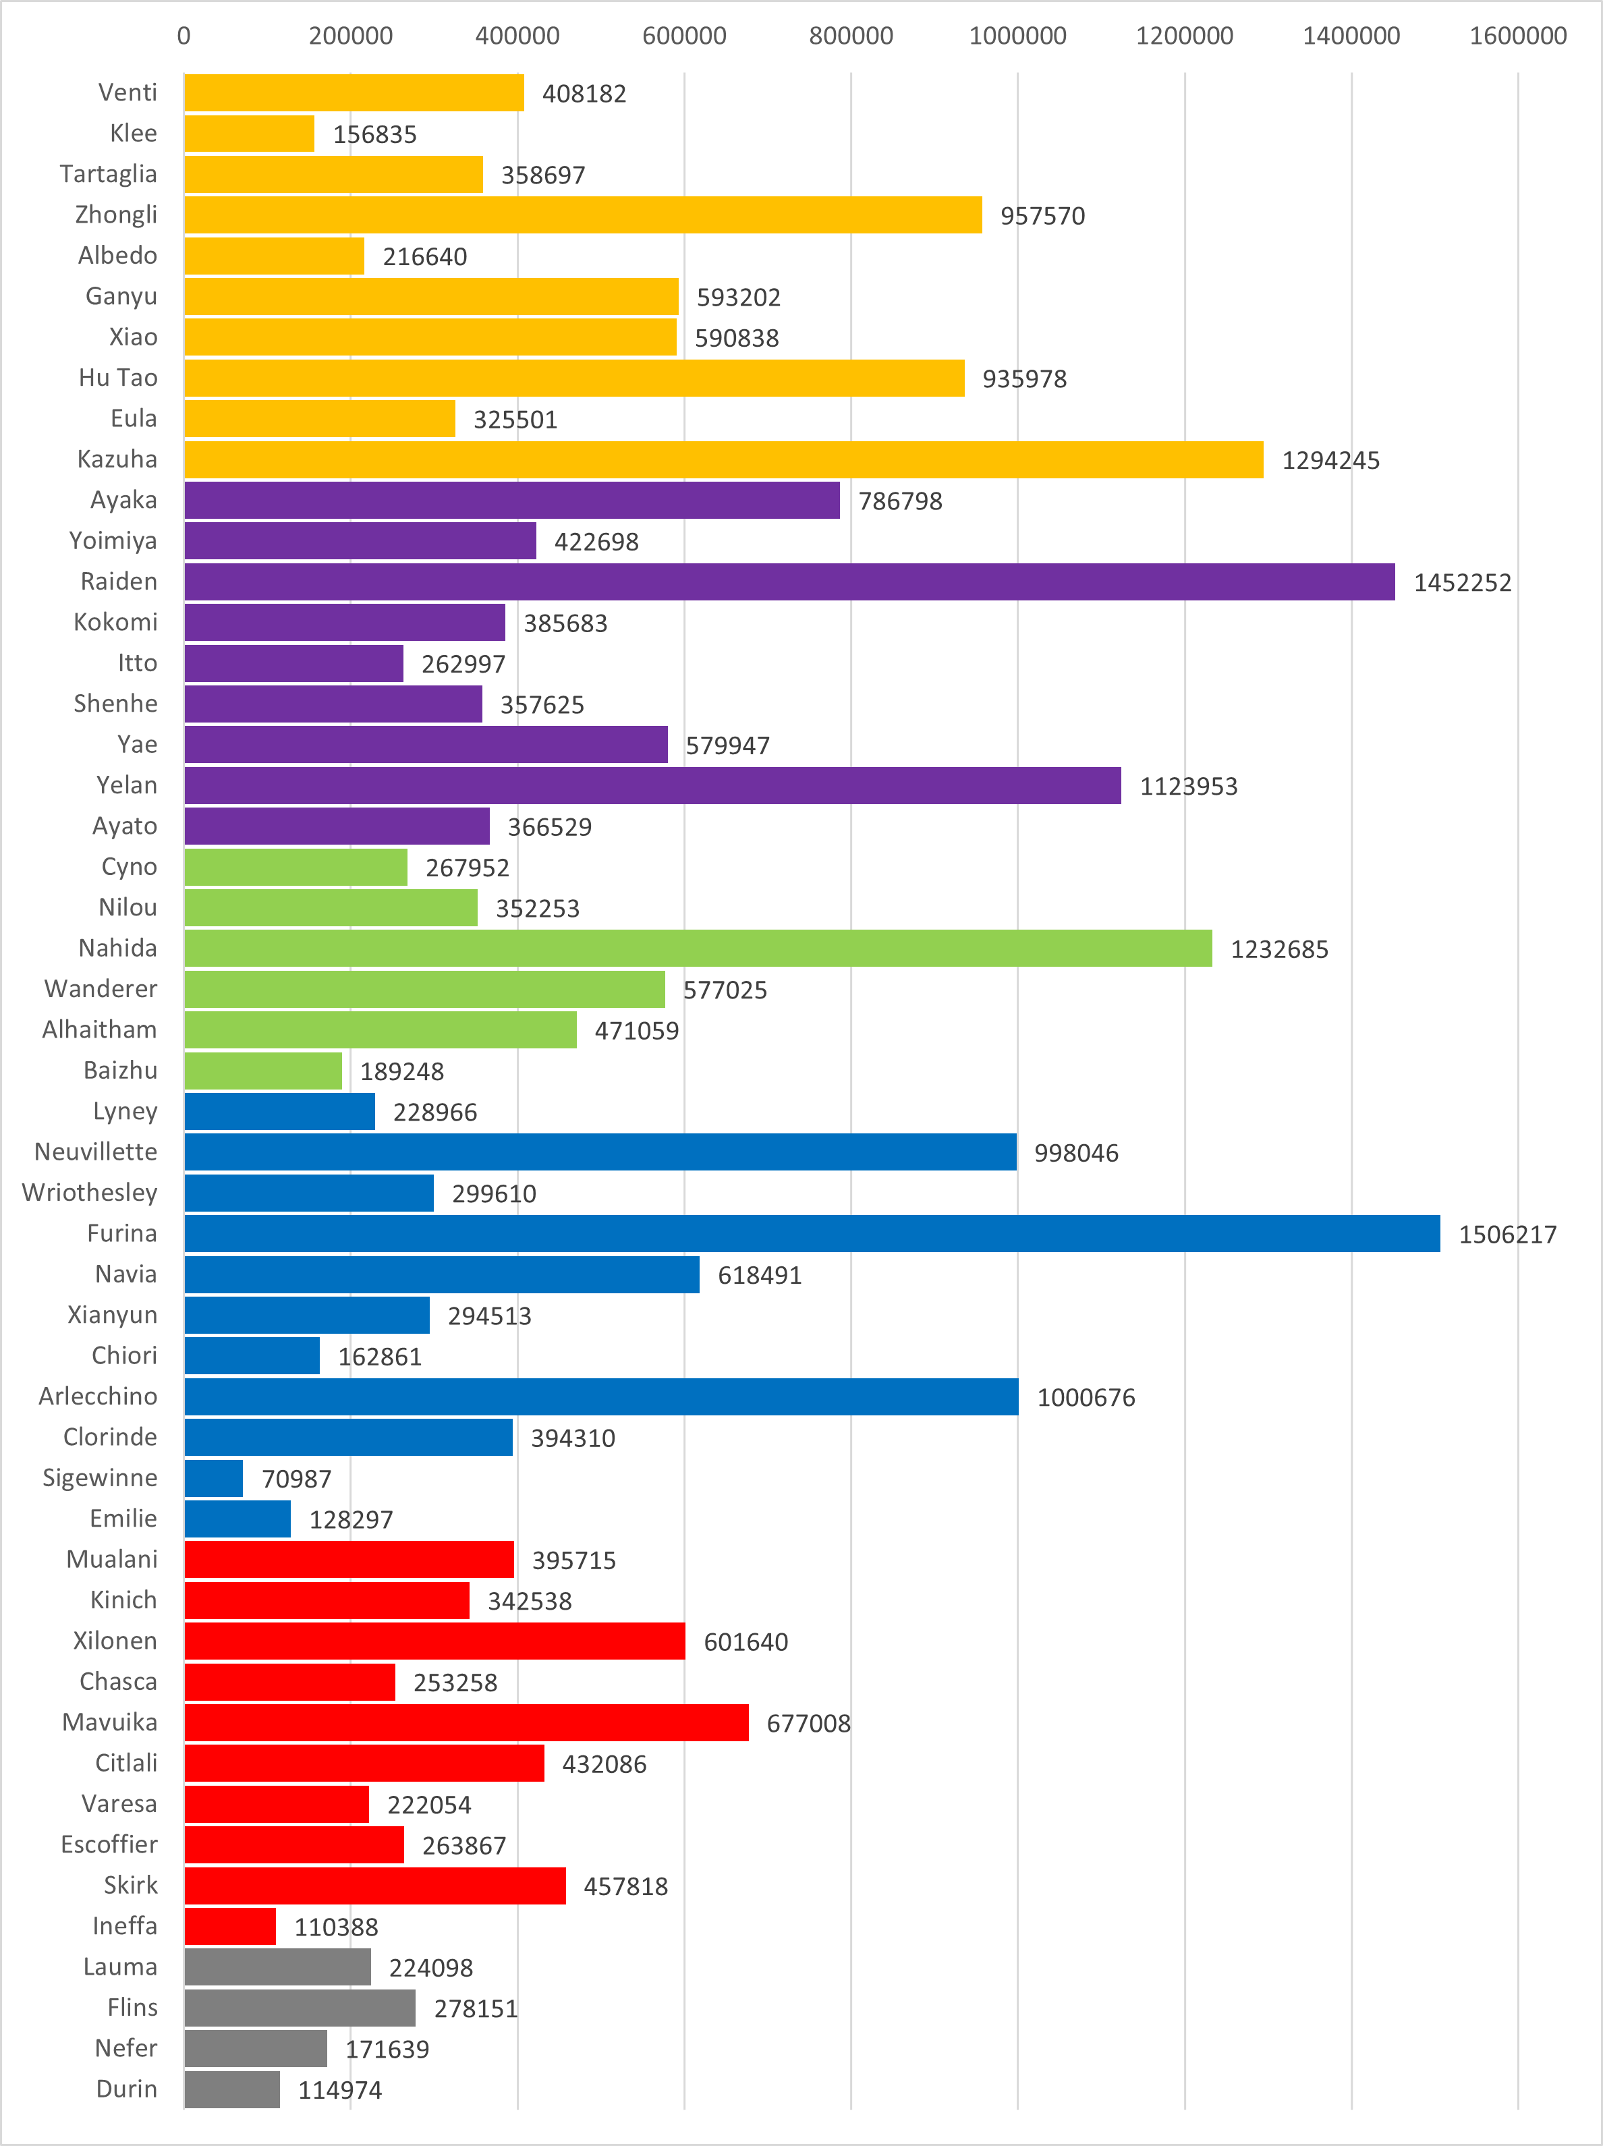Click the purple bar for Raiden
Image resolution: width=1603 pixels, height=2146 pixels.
[789, 582]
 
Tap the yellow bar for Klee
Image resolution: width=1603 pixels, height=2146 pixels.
[250, 134]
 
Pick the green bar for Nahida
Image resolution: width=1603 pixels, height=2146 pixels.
[698, 949]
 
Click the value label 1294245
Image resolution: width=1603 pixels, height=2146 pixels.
[1330, 461]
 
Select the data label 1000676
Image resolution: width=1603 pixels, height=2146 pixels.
[1086, 1398]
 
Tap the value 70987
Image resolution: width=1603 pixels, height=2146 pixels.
[296, 1479]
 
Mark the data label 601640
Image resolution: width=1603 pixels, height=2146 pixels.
[746, 1643]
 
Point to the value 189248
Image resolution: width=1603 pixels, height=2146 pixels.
[401, 1072]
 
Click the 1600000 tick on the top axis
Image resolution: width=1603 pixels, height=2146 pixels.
[1517, 36]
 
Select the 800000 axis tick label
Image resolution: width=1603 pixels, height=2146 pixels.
[851, 36]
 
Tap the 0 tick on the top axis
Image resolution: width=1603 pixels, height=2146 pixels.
[184, 36]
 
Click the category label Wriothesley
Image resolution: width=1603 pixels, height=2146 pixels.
[89, 1192]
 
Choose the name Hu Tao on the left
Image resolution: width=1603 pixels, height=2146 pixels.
[117, 377]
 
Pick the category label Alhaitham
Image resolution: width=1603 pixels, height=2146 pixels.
[99, 1029]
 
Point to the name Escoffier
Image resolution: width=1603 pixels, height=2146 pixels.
[109, 1844]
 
